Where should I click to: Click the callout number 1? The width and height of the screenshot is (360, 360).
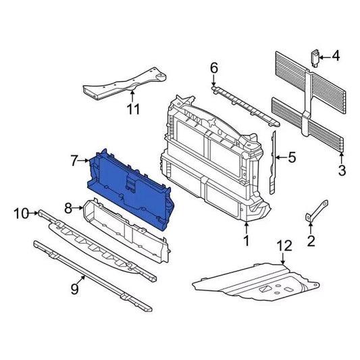247,240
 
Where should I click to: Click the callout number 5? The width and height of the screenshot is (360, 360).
292,158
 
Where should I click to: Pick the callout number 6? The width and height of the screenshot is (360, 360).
214,68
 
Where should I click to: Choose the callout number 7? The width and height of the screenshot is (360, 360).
74,161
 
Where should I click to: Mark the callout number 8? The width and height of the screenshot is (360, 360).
68,208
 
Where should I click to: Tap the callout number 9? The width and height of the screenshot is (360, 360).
74,290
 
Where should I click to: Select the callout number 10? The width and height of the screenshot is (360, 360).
21,213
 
